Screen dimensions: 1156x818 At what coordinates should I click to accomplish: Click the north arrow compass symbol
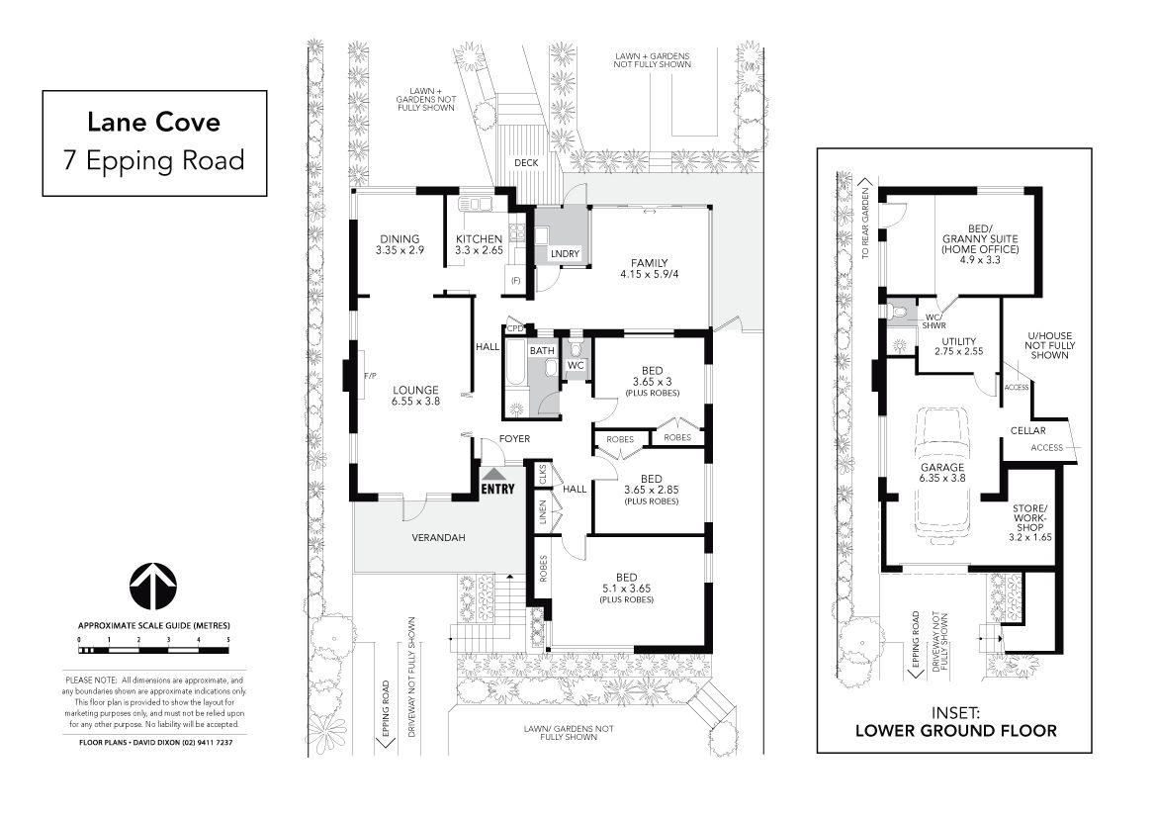(x=153, y=587)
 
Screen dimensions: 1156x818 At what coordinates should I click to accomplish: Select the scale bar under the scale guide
(x=153, y=650)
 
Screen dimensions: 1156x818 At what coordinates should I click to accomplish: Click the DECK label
(x=526, y=163)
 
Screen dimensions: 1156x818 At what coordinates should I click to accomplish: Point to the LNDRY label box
(x=566, y=254)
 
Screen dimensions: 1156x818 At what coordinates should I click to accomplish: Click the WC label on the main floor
(x=576, y=365)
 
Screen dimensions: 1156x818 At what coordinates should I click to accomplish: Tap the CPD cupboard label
(x=515, y=328)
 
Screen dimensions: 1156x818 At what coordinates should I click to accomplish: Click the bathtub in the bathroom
(x=516, y=361)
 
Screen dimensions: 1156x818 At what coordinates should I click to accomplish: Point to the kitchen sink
(x=476, y=205)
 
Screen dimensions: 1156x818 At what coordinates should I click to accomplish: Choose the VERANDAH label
(x=439, y=538)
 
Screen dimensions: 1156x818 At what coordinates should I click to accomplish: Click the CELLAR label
(x=1027, y=430)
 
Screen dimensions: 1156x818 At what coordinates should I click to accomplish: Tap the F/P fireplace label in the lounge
(x=370, y=376)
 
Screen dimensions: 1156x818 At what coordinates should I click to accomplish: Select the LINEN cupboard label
(x=543, y=512)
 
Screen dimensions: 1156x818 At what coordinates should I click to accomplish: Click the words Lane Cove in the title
(x=154, y=122)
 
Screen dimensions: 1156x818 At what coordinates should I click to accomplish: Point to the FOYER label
(x=514, y=438)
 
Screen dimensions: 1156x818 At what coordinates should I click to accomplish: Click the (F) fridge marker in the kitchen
(x=516, y=280)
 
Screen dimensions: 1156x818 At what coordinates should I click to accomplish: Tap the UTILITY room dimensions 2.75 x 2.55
(x=958, y=351)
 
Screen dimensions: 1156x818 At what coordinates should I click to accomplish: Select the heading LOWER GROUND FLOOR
(x=956, y=731)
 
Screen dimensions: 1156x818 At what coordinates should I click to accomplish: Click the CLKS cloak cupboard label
(x=543, y=474)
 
